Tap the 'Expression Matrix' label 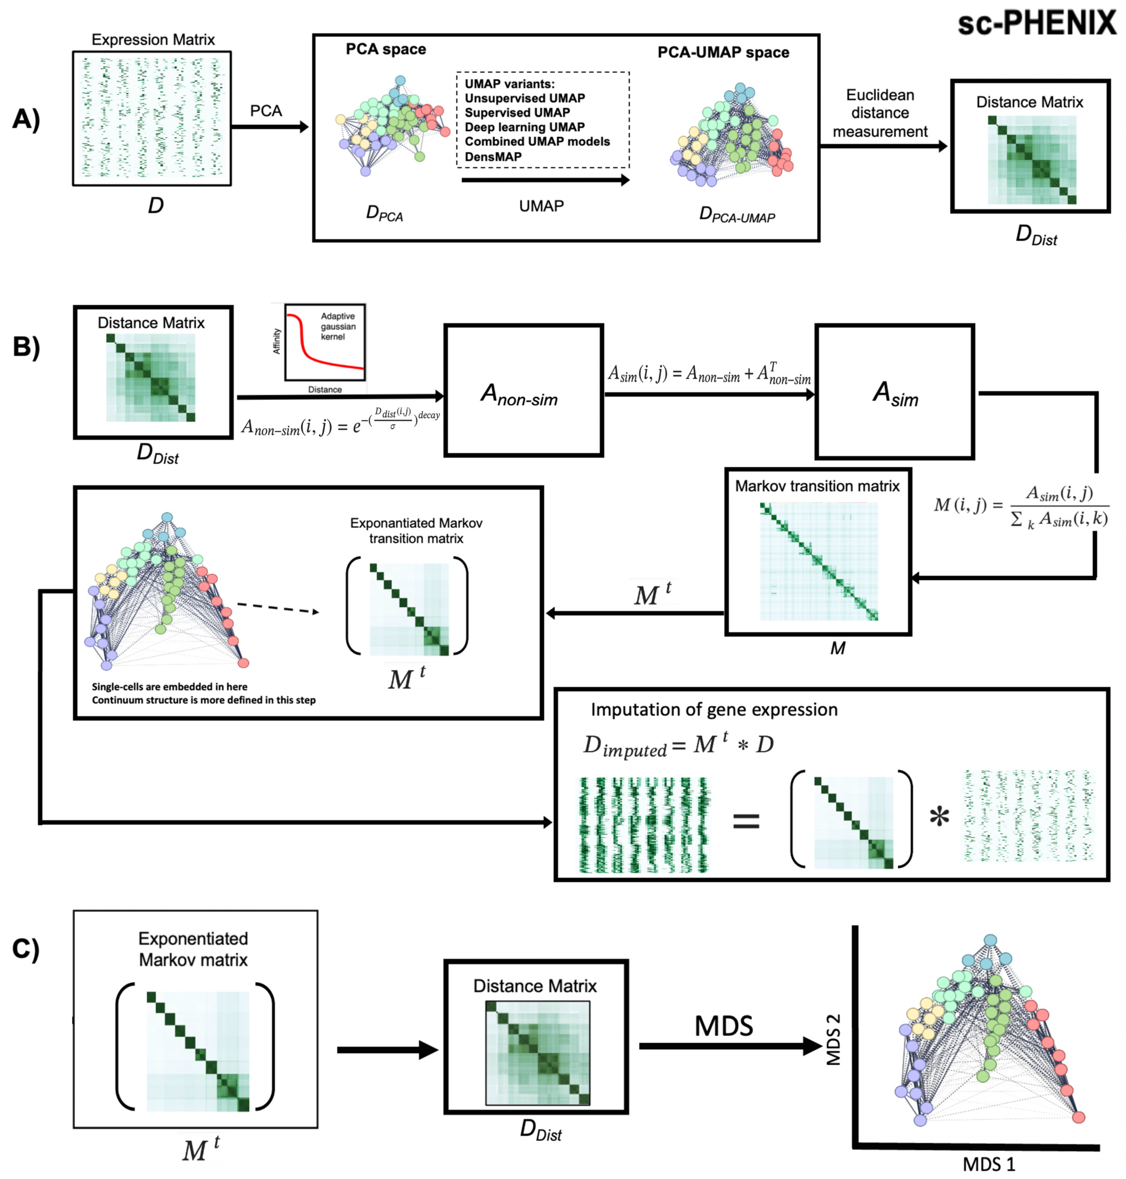point(153,40)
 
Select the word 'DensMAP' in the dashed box point(493,157)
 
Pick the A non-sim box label point(519,395)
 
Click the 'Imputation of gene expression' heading point(714,710)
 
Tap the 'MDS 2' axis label point(834,1040)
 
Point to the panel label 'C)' point(26,949)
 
